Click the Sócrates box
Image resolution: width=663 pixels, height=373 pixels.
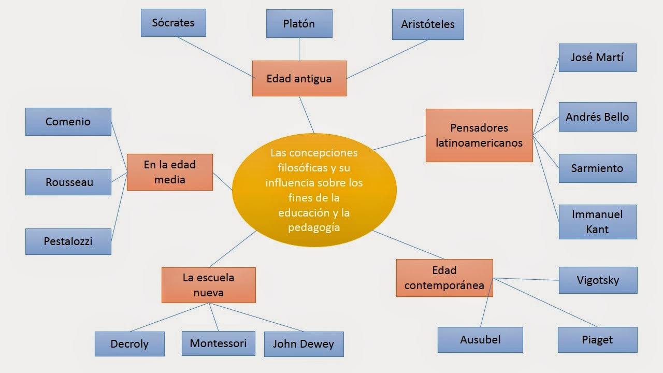point(173,23)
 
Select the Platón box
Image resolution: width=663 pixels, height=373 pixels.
point(299,24)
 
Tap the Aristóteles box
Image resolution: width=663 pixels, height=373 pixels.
point(427,24)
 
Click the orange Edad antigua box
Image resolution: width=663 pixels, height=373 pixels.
point(299,78)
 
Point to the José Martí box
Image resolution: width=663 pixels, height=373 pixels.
point(597,58)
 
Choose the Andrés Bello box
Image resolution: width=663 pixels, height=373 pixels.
point(597,117)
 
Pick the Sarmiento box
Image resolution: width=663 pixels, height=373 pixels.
point(597,168)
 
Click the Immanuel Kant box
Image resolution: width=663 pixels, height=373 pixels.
point(597,222)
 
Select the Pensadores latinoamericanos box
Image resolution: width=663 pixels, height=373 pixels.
point(479,135)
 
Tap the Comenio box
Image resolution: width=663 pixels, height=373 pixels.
point(68,122)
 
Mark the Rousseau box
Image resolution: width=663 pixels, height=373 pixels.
point(68,182)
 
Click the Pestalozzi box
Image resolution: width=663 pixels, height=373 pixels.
point(68,241)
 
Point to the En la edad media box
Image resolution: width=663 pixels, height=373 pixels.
point(169,172)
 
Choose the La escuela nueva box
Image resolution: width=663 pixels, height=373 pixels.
point(208,285)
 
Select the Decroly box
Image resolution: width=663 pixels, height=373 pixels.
point(129,344)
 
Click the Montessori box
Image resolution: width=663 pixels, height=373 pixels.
point(218,343)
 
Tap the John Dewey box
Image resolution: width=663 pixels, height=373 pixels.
point(304,344)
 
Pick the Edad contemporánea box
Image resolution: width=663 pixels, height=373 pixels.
point(444,278)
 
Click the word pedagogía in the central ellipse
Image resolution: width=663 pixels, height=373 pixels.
point(314,227)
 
